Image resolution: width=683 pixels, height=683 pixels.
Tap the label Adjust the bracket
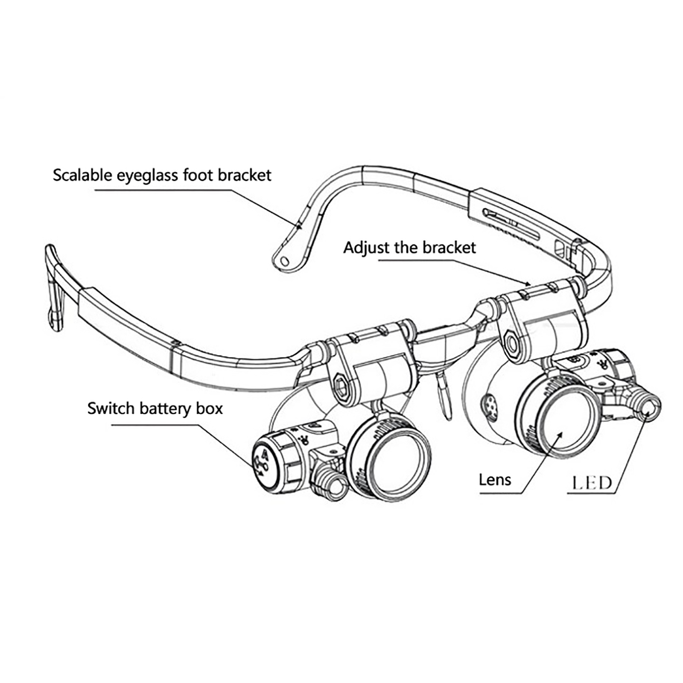[x=409, y=248]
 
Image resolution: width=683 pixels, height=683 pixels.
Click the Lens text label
[x=495, y=480]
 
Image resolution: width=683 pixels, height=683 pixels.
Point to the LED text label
[x=592, y=483]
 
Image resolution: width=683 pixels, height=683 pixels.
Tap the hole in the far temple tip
[x=283, y=260]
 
